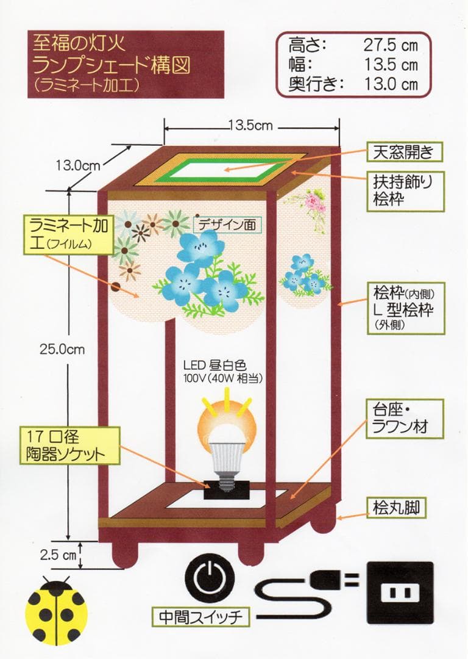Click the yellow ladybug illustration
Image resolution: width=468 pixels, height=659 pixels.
click(56, 610)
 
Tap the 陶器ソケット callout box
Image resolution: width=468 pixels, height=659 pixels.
click(68, 445)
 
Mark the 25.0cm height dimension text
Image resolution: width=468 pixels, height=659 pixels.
click(62, 350)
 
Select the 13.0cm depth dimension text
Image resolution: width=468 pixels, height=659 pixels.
click(78, 164)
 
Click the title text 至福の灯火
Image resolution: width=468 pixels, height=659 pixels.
click(77, 43)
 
